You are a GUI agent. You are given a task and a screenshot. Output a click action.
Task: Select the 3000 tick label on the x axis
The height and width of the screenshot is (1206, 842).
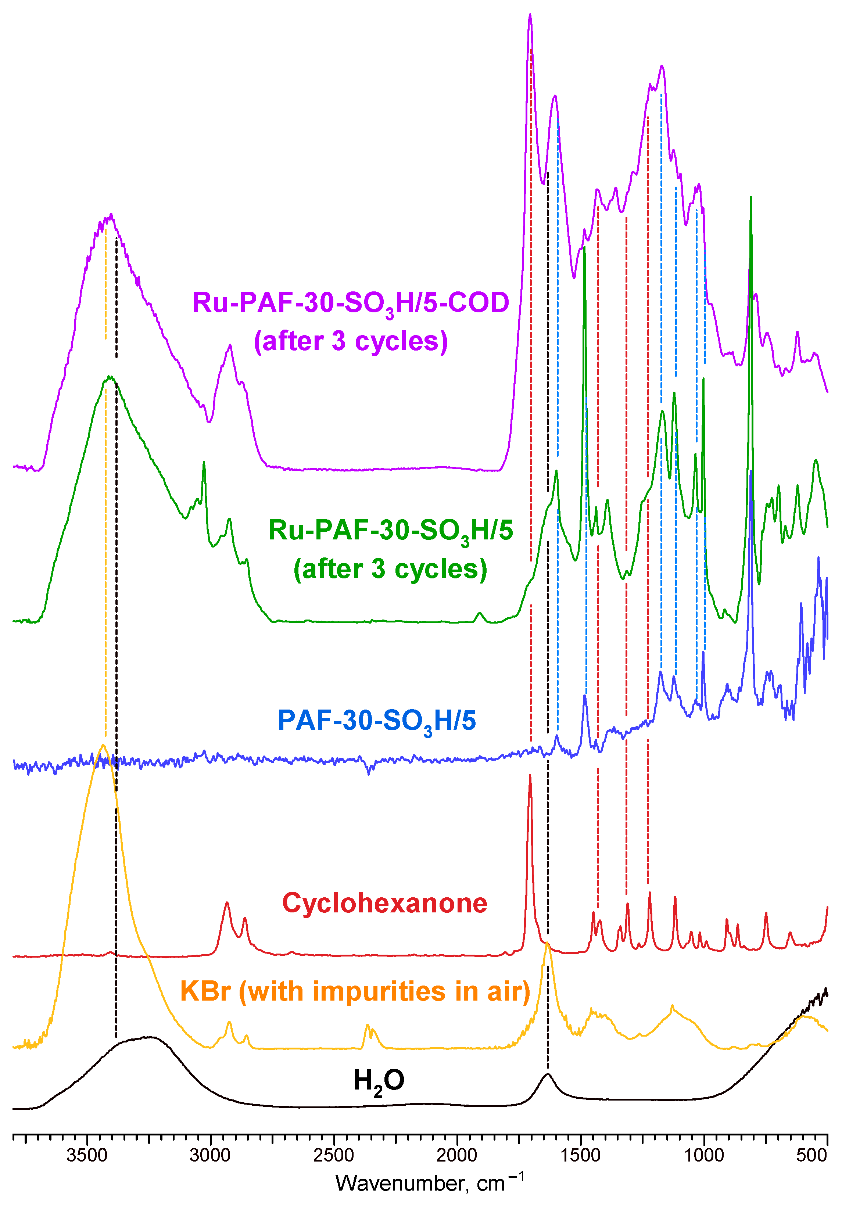coord(210,1155)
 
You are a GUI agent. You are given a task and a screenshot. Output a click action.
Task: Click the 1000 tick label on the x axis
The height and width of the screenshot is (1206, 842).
coord(704,1155)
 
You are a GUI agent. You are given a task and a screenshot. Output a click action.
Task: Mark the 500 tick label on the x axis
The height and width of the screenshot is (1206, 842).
coord(811,1155)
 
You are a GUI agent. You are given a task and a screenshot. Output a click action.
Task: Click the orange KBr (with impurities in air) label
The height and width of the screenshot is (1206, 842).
coord(355,992)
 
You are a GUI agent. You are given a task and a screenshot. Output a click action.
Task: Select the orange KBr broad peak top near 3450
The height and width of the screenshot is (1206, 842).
coord(103,745)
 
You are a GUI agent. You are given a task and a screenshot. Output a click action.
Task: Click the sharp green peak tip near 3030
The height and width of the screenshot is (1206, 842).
coord(204,462)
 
